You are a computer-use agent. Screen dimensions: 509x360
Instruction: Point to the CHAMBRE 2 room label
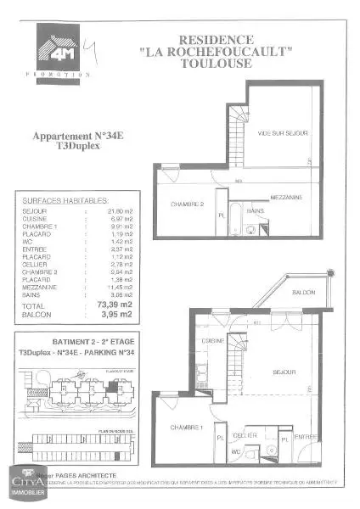tap(187, 204)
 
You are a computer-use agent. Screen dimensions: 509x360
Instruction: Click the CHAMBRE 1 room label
tap(185, 427)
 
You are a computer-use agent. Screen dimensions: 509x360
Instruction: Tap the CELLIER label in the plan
tap(246, 434)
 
